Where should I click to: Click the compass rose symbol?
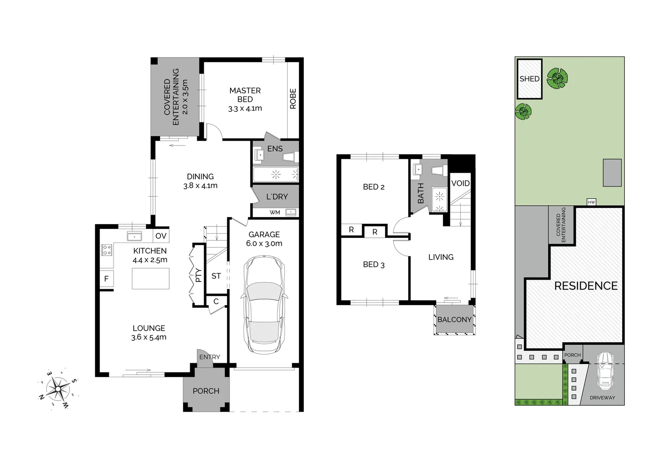[59, 389]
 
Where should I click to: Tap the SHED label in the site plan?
[529, 79]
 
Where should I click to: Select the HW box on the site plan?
[591, 202]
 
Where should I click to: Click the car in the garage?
[264, 305]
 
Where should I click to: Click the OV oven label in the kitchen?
[161, 236]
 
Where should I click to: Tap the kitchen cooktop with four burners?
[107, 250]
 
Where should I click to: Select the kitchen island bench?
[150, 278]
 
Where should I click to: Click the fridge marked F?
[106, 279]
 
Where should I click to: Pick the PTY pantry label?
[198, 275]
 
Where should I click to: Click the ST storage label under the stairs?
[216, 276]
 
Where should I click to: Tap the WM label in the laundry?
[275, 212]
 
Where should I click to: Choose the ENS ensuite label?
[275, 149]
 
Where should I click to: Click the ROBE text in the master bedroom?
[293, 99]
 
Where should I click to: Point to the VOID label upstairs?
[460, 183]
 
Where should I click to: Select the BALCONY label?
[455, 319]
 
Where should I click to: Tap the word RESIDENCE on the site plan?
[586, 286]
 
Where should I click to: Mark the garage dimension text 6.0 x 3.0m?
[264, 243]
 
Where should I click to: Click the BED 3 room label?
[374, 264]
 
